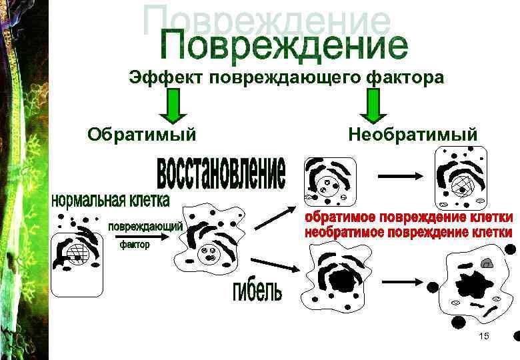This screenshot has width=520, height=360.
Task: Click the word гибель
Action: tap(257, 291)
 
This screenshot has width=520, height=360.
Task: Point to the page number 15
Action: tap(483, 336)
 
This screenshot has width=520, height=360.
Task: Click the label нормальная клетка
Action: tap(111, 199)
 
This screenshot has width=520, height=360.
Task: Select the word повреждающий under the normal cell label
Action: tap(146, 227)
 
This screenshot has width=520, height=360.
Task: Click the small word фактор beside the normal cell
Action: tap(135, 245)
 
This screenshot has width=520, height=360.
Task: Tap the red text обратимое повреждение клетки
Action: tap(409, 218)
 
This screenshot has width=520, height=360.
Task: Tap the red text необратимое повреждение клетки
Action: tap(409, 233)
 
